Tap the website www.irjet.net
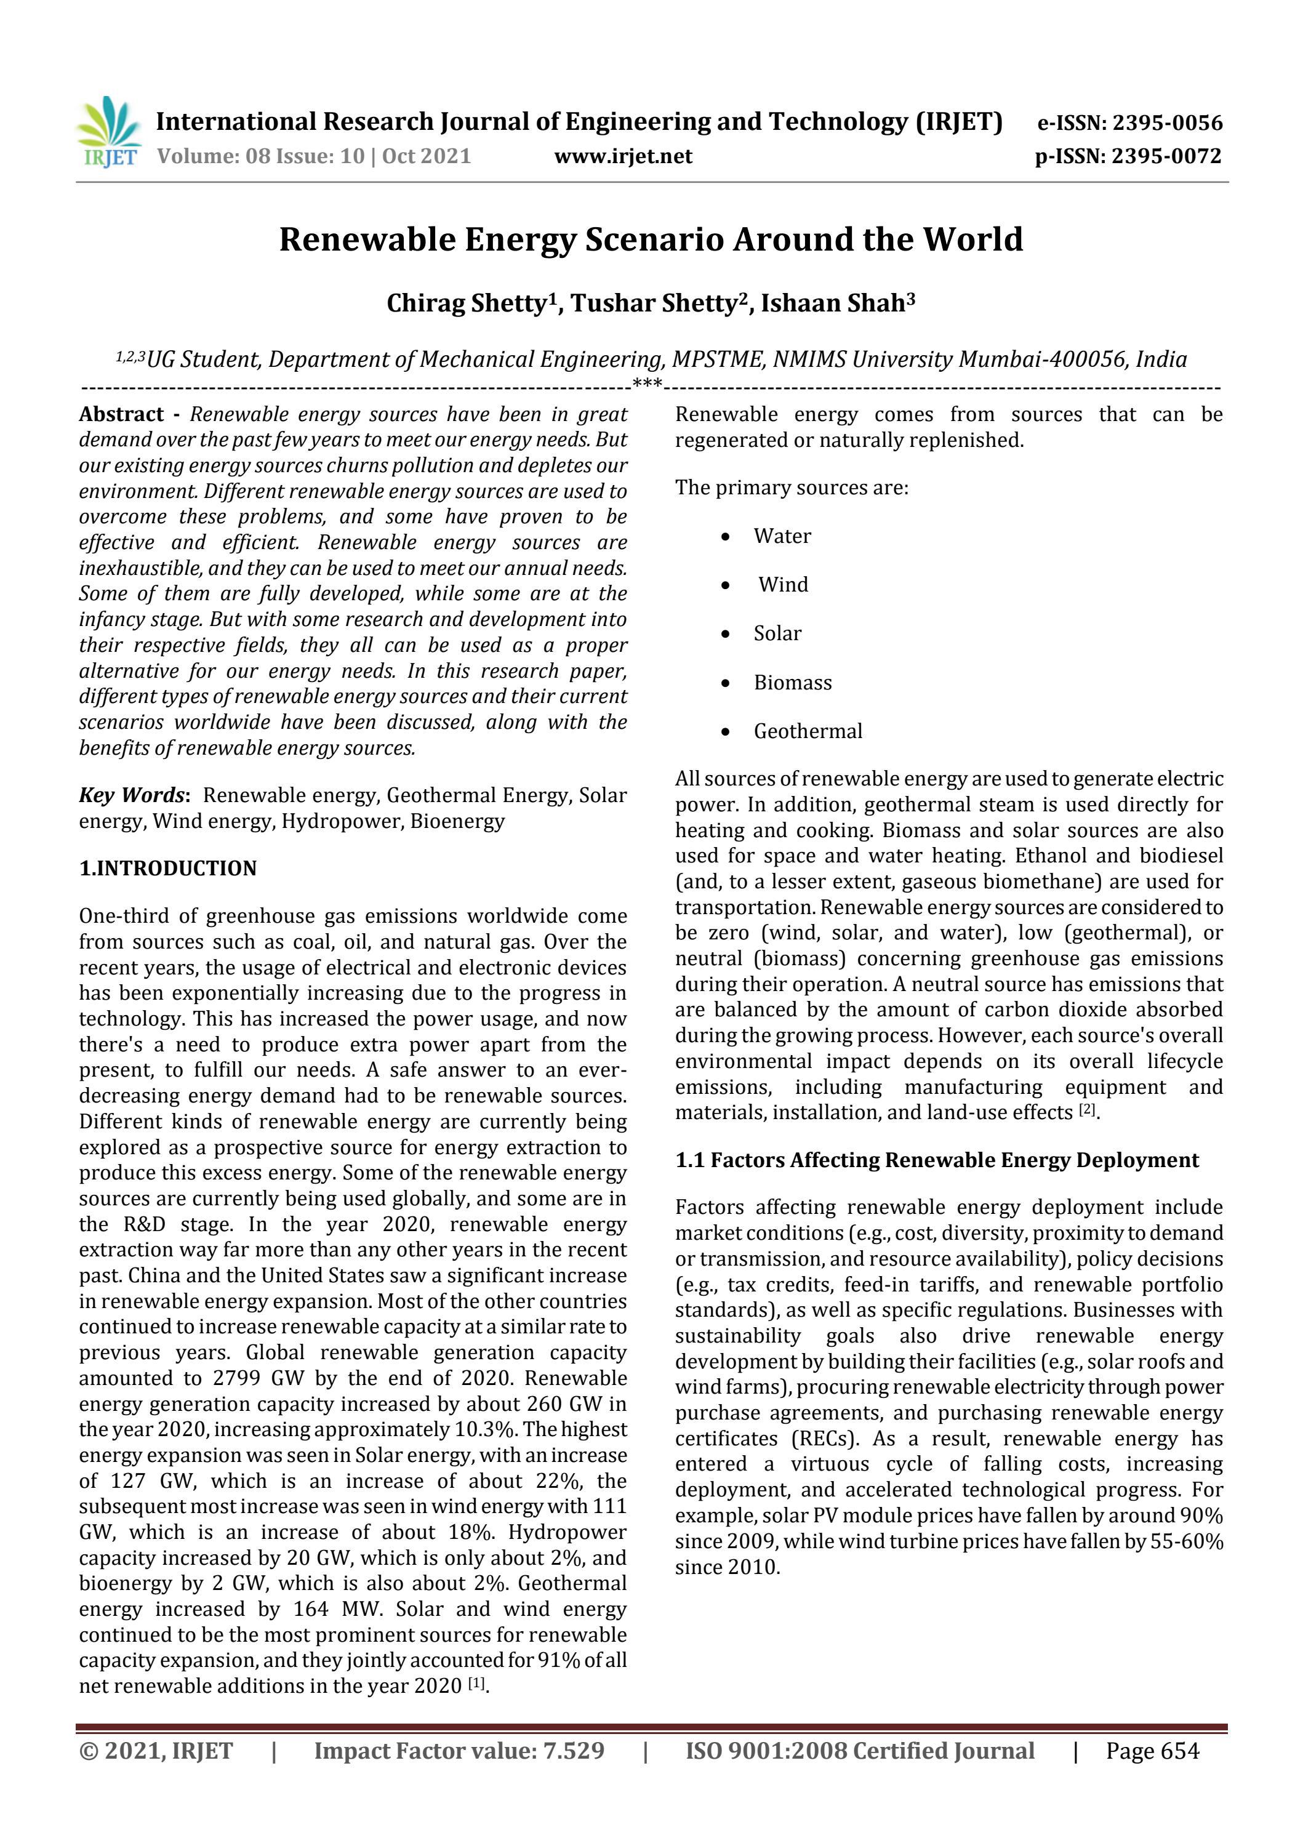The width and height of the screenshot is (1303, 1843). [623, 156]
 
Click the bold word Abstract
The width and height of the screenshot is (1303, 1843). [121, 414]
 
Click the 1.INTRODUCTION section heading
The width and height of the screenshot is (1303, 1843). [168, 869]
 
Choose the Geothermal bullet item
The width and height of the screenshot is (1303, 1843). [808, 731]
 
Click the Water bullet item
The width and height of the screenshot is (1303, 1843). [782, 536]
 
